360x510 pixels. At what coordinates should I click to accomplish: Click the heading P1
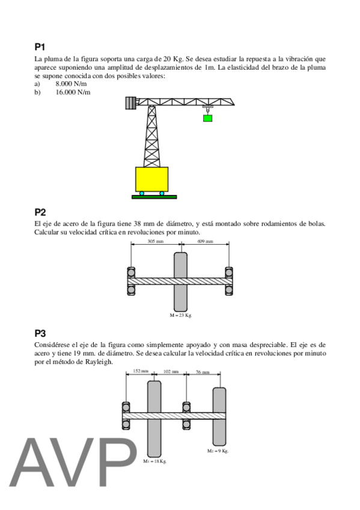pos(40,47)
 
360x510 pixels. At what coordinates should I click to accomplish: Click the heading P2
pos(40,212)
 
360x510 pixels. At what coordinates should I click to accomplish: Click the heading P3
pos(40,333)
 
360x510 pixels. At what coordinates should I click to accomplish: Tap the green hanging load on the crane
pos(207,118)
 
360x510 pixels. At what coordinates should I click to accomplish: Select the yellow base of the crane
pos(151,179)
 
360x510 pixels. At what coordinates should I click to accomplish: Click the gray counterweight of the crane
pos(130,103)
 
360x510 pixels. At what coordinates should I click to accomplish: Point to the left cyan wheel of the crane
pos(142,193)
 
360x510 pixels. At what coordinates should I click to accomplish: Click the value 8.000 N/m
pos(71,84)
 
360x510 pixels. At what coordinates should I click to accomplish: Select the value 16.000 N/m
pos(73,93)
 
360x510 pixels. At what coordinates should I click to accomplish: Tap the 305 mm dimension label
pos(156,241)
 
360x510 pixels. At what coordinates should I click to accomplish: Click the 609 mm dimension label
pos(206,241)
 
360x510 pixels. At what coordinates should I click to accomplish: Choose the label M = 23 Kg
pos(181,315)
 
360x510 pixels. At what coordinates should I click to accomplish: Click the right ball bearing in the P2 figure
pos(229,281)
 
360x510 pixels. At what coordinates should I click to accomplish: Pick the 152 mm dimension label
pos(141,371)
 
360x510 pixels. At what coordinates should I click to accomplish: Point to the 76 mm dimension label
pos(203,372)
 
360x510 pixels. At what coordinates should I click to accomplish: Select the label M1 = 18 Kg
pos(154,461)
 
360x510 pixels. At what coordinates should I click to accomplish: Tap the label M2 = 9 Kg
pos(218,451)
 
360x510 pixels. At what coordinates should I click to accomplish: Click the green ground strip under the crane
pos(154,197)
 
